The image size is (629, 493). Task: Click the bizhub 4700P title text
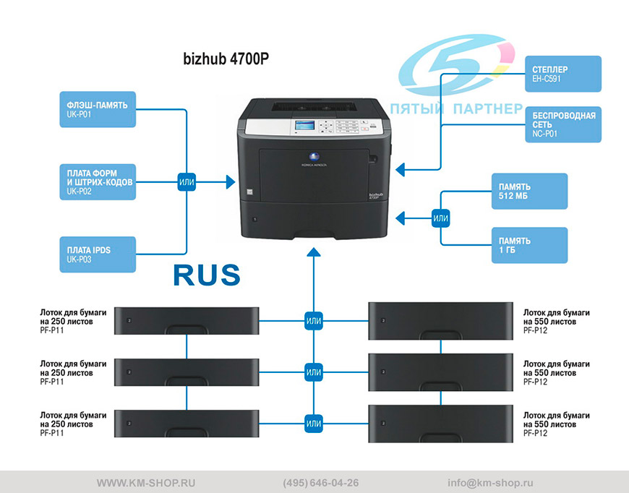(226, 59)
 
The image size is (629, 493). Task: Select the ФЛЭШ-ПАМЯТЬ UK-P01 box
(98, 109)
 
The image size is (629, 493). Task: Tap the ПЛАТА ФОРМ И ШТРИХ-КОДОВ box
(98, 181)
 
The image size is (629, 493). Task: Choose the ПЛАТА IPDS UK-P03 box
(98, 254)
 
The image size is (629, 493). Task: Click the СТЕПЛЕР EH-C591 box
(563, 74)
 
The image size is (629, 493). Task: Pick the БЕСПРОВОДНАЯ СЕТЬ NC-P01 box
(563, 124)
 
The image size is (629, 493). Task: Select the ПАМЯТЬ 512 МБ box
(529, 192)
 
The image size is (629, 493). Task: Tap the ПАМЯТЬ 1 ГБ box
(529, 246)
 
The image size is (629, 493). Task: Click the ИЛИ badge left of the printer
(187, 181)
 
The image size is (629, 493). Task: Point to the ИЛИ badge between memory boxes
(440, 218)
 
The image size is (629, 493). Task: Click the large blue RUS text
(207, 275)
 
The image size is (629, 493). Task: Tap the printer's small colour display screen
(305, 125)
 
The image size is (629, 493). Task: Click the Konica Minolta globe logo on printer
(314, 157)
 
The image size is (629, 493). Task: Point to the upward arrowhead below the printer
(314, 252)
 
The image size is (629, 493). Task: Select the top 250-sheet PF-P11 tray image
(187, 321)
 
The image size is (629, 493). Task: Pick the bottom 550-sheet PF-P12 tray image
(440, 424)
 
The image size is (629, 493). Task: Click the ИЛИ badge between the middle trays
(314, 372)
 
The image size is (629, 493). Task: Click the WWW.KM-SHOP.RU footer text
(146, 483)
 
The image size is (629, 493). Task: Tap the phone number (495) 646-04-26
(320, 483)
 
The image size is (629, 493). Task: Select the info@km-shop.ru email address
(490, 483)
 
